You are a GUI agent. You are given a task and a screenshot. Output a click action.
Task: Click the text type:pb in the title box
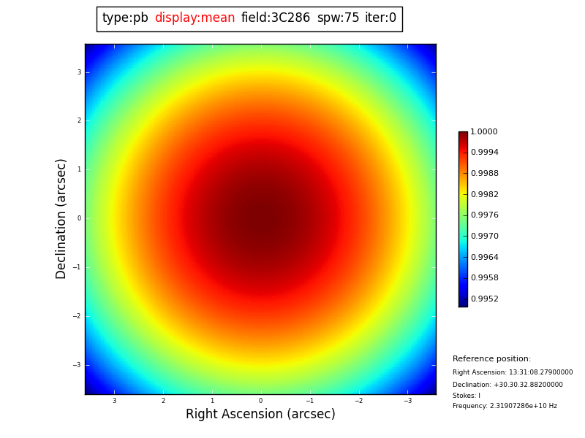click(x=125, y=18)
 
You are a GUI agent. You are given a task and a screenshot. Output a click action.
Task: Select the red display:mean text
click(x=195, y=18)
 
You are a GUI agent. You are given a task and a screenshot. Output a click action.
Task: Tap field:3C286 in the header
click(x=276, y=18)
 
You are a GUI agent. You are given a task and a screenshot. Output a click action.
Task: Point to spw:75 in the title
click(x=338, y=18)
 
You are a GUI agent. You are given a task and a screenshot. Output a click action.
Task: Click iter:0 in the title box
click(x=380, y=18)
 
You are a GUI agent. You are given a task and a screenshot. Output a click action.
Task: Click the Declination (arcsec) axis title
click(x=61, y=218)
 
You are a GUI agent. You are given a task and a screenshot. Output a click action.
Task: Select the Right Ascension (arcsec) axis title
click(x=260, y=415)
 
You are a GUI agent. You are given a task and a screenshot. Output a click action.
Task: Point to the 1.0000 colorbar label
click(x=484, y=132)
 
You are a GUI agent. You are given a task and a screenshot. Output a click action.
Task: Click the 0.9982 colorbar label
click(x=484, y=195)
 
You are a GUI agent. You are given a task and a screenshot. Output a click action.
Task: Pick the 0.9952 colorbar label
click(x=484, y=299)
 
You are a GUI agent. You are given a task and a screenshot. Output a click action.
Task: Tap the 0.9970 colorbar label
click(x=484, y=237)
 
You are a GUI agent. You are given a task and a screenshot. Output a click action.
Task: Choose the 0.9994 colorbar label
click(x=484, y=153)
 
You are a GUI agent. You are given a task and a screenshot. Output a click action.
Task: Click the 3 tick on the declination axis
click(x=79, y=72)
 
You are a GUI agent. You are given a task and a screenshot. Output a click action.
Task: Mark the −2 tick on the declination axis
click(x=78, y=316)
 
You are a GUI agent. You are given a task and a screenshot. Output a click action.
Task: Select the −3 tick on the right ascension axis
click(x=408, y=401)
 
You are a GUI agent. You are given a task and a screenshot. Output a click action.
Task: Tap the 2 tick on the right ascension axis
click(x=163, y=401)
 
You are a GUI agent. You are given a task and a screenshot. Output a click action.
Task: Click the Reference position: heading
click(x=491, y=359)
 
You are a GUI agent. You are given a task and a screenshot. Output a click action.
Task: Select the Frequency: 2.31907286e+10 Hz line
click(x=505, y=406)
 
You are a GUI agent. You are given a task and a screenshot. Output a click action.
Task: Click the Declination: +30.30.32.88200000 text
click(x=507, y=385)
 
